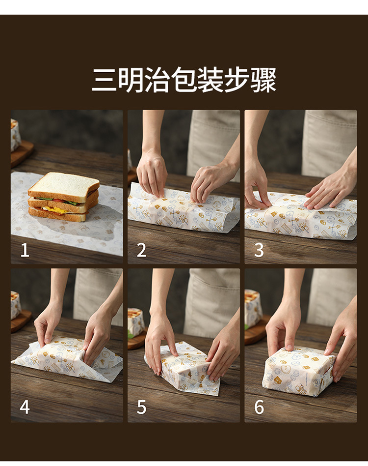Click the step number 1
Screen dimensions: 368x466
[25, 250]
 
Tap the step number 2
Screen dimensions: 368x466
[141, 250]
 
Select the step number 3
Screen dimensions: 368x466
[259, 250]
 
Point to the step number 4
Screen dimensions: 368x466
[25, 407]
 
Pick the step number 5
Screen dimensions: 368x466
[141, 407]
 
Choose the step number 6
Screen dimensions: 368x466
[259, 407]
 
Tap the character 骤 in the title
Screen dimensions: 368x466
[263, 79]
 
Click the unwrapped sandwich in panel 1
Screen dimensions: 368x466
[63, 197]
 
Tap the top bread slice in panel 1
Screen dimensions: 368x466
[63, 185]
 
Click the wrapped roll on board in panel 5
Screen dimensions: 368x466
[136, 322]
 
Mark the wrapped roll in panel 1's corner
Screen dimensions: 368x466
[15, 135]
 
